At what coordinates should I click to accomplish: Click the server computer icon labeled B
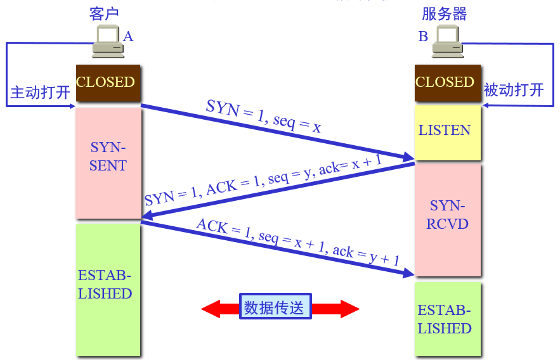coord(447,42)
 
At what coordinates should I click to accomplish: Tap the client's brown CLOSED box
coord(106,82)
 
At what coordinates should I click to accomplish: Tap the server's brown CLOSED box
coord(445,82)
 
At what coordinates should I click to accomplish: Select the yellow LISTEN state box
coord(445,132)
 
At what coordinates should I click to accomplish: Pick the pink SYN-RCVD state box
coord(447,219)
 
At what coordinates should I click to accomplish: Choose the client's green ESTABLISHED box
coord(107,288)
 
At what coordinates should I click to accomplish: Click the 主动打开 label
coord(40,93)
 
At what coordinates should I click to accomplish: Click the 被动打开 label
coord(514,89)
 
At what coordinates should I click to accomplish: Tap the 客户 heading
coord(105,14)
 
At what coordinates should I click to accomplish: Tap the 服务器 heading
coord(445,14)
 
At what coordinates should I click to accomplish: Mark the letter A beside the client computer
coord(128,37)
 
